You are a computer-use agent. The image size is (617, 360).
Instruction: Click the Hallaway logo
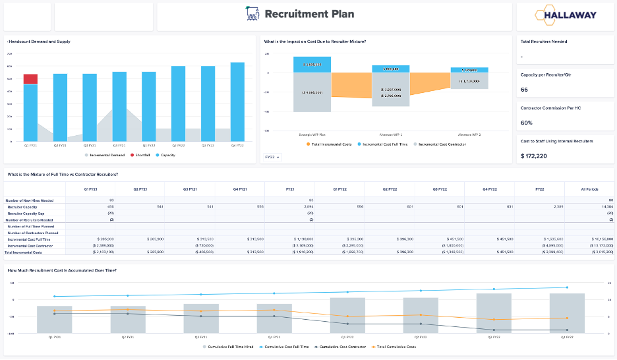point(566,15)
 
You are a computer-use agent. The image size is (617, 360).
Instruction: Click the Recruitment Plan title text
point(308,14)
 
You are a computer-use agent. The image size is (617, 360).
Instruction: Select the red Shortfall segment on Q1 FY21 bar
point(30,79)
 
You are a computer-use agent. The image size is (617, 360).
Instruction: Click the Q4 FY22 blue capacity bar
point(237,102)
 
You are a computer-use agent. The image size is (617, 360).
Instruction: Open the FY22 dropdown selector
point(272,157)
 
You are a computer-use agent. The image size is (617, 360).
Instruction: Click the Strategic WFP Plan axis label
point(312,134)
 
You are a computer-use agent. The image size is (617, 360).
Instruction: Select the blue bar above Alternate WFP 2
point(469,70)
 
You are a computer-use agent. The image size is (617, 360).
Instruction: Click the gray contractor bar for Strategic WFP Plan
point(312,92)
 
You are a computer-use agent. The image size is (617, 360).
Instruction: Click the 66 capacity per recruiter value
point(525,90)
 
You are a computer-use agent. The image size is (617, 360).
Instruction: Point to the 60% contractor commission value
point(527,123)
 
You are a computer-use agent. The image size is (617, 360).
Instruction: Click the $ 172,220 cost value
point(534,156)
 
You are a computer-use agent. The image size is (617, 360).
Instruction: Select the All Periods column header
point(589,189)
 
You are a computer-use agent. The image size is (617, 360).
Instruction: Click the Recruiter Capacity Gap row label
point(26,213)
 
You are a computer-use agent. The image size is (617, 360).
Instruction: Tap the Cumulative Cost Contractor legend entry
point(341,347)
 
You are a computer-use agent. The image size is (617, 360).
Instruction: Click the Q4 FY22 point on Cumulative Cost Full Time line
point(566,287)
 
